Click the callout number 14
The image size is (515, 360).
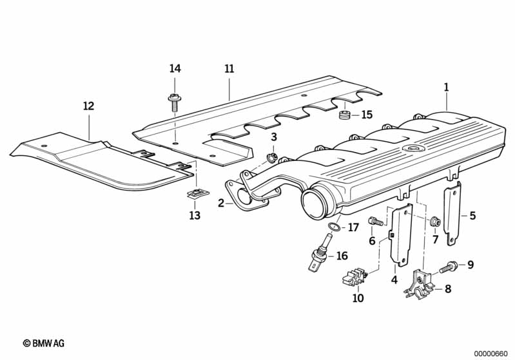coord(175,69)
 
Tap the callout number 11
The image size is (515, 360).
coord(229,69)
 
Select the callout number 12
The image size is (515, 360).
coord(88,106)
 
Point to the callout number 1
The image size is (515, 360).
coord(446,86)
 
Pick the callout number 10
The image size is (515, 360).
coord(358,298)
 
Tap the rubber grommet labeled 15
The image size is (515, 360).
coord(344,117)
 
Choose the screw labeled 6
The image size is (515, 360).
coord(376,222)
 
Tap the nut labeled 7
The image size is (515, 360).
coord(435,222)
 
